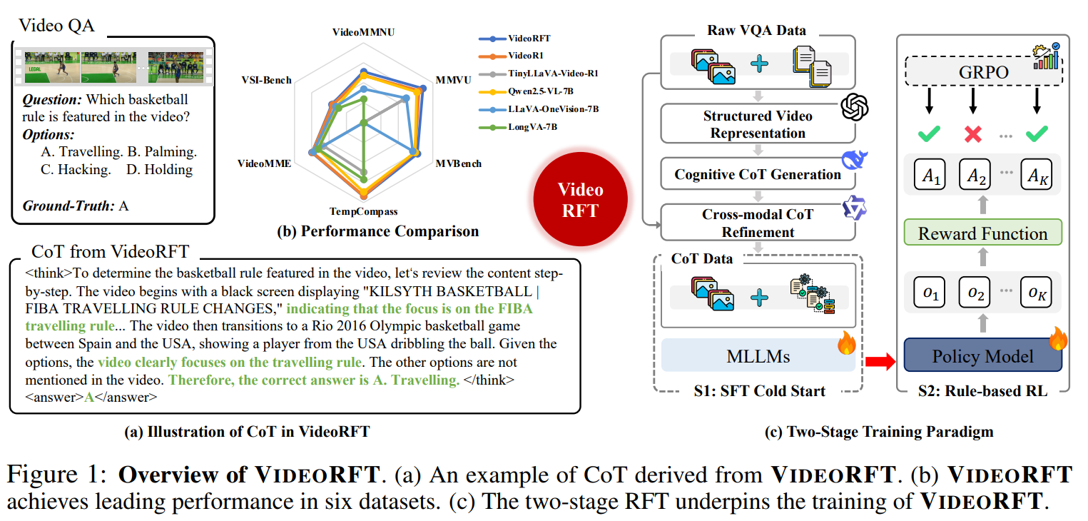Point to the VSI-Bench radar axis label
click(266, 80)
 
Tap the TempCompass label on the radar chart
click(363, 212)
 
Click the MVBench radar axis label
click(458, 163)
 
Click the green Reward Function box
click(982, 233)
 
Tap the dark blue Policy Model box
click(982, 356)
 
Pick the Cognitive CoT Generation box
click(758, 174)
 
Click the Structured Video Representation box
click(758, 124)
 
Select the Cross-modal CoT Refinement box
click(758, 223)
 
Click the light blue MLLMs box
click(758, 356)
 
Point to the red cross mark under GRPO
click(972, 133)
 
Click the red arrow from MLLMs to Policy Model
click(879, 364)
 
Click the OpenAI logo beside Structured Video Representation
click(854, 108)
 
